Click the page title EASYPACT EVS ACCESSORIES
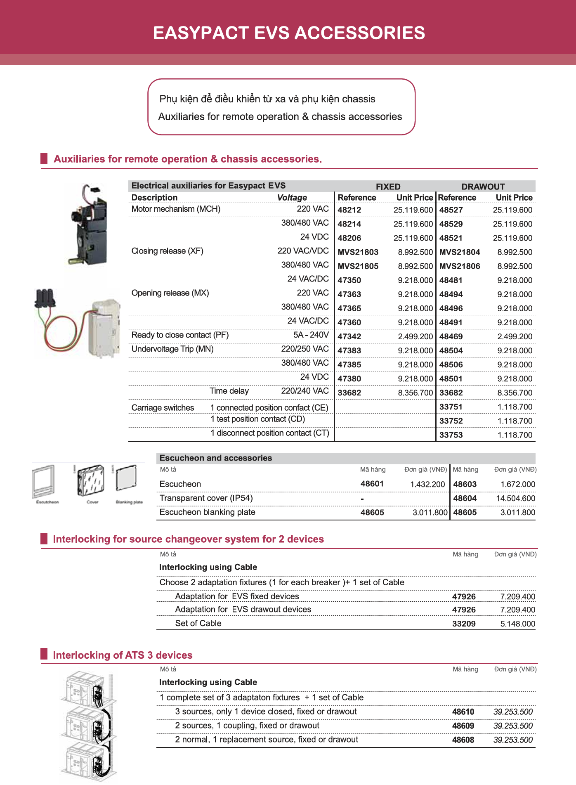(289, 33)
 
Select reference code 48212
(349, 210)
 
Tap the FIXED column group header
(388, 187)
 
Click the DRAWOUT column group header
(483, 187)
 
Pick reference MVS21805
(358, 266)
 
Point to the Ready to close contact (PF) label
(180, 335)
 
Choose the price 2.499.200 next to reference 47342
(415, 336)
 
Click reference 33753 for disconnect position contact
(451, 435)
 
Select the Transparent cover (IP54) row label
(206, 498)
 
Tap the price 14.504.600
(515, 499)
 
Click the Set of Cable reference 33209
(464, 624)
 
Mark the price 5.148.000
(517, 624)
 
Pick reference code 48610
(463, 712)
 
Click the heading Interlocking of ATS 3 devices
(123, 655)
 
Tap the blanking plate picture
(129, 480)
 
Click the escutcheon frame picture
(44, 482)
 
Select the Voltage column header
(292, 198)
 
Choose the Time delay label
(229, 391)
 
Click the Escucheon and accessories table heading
(215, 458)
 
